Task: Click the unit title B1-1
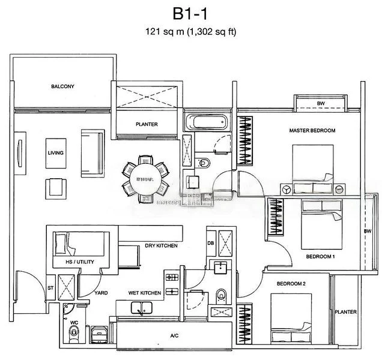click(x=190, y=13)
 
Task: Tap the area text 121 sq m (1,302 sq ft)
click(x=190, y=32)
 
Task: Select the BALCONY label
click(x=62, y=86)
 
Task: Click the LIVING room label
click(x=56, y=152)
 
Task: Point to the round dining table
click(x=144, y=178)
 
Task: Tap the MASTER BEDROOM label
click(x=312, y=130)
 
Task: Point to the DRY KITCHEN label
click(x=160, y=245)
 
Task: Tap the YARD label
click(x=101, y=293)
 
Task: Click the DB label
click(x=210, y=242)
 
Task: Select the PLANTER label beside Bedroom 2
click(x=347, y=312)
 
